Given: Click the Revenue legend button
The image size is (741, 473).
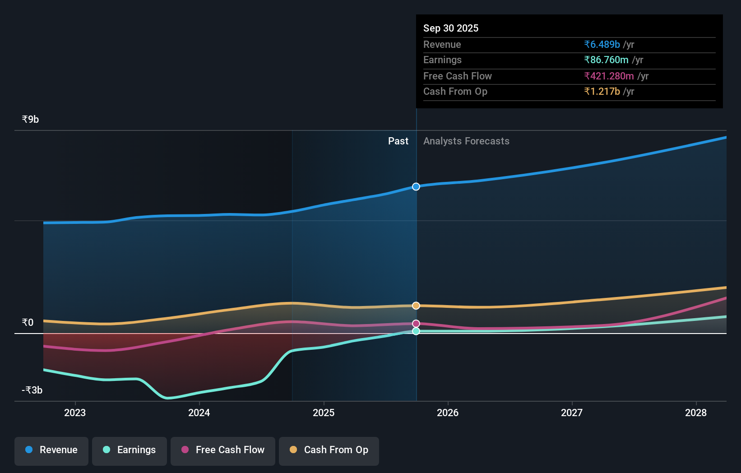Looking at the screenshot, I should pos(51,450).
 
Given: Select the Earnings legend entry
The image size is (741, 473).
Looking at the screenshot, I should pos(130,450).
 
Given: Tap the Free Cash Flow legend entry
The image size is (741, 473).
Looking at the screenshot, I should pos(223,450).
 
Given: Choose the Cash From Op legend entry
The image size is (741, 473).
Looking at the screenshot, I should pos(329,450).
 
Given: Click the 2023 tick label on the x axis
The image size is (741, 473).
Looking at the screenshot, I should pos(75,413).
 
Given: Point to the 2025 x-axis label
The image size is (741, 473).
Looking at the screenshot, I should pos(324,413).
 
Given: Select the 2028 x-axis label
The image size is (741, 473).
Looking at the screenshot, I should pos(695,413).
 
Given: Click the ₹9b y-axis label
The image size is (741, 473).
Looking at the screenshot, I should pos(30,120).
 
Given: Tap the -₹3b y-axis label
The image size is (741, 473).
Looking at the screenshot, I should pos(32,390).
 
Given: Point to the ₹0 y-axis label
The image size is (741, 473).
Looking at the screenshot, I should pos(28,323).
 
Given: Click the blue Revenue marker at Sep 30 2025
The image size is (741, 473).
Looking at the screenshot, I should pos(416,187).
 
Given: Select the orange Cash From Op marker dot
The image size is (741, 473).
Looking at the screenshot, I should pos(416,306).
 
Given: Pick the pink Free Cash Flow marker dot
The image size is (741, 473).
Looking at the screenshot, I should pos(416,324).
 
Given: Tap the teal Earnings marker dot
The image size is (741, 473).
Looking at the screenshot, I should pos(416,331).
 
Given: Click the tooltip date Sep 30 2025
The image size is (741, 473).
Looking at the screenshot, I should pos(451,28).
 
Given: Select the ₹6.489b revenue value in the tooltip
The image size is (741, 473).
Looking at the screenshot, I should pos(602,45).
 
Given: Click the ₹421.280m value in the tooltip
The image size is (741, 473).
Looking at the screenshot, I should pos(609,76).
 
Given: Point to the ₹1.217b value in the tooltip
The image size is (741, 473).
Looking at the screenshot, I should pos(602,92).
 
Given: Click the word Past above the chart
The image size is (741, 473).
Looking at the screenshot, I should pos(398,141).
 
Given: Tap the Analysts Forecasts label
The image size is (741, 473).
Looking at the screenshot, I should pos(466,141).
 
